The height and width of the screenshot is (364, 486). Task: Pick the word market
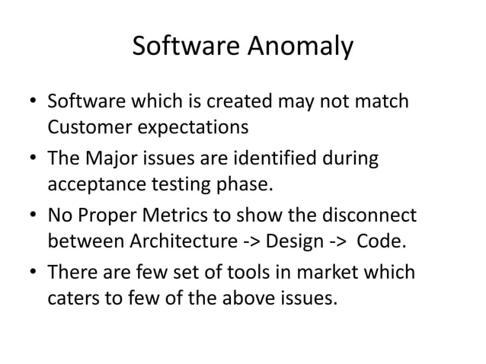333,272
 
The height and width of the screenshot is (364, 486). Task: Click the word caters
73,297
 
